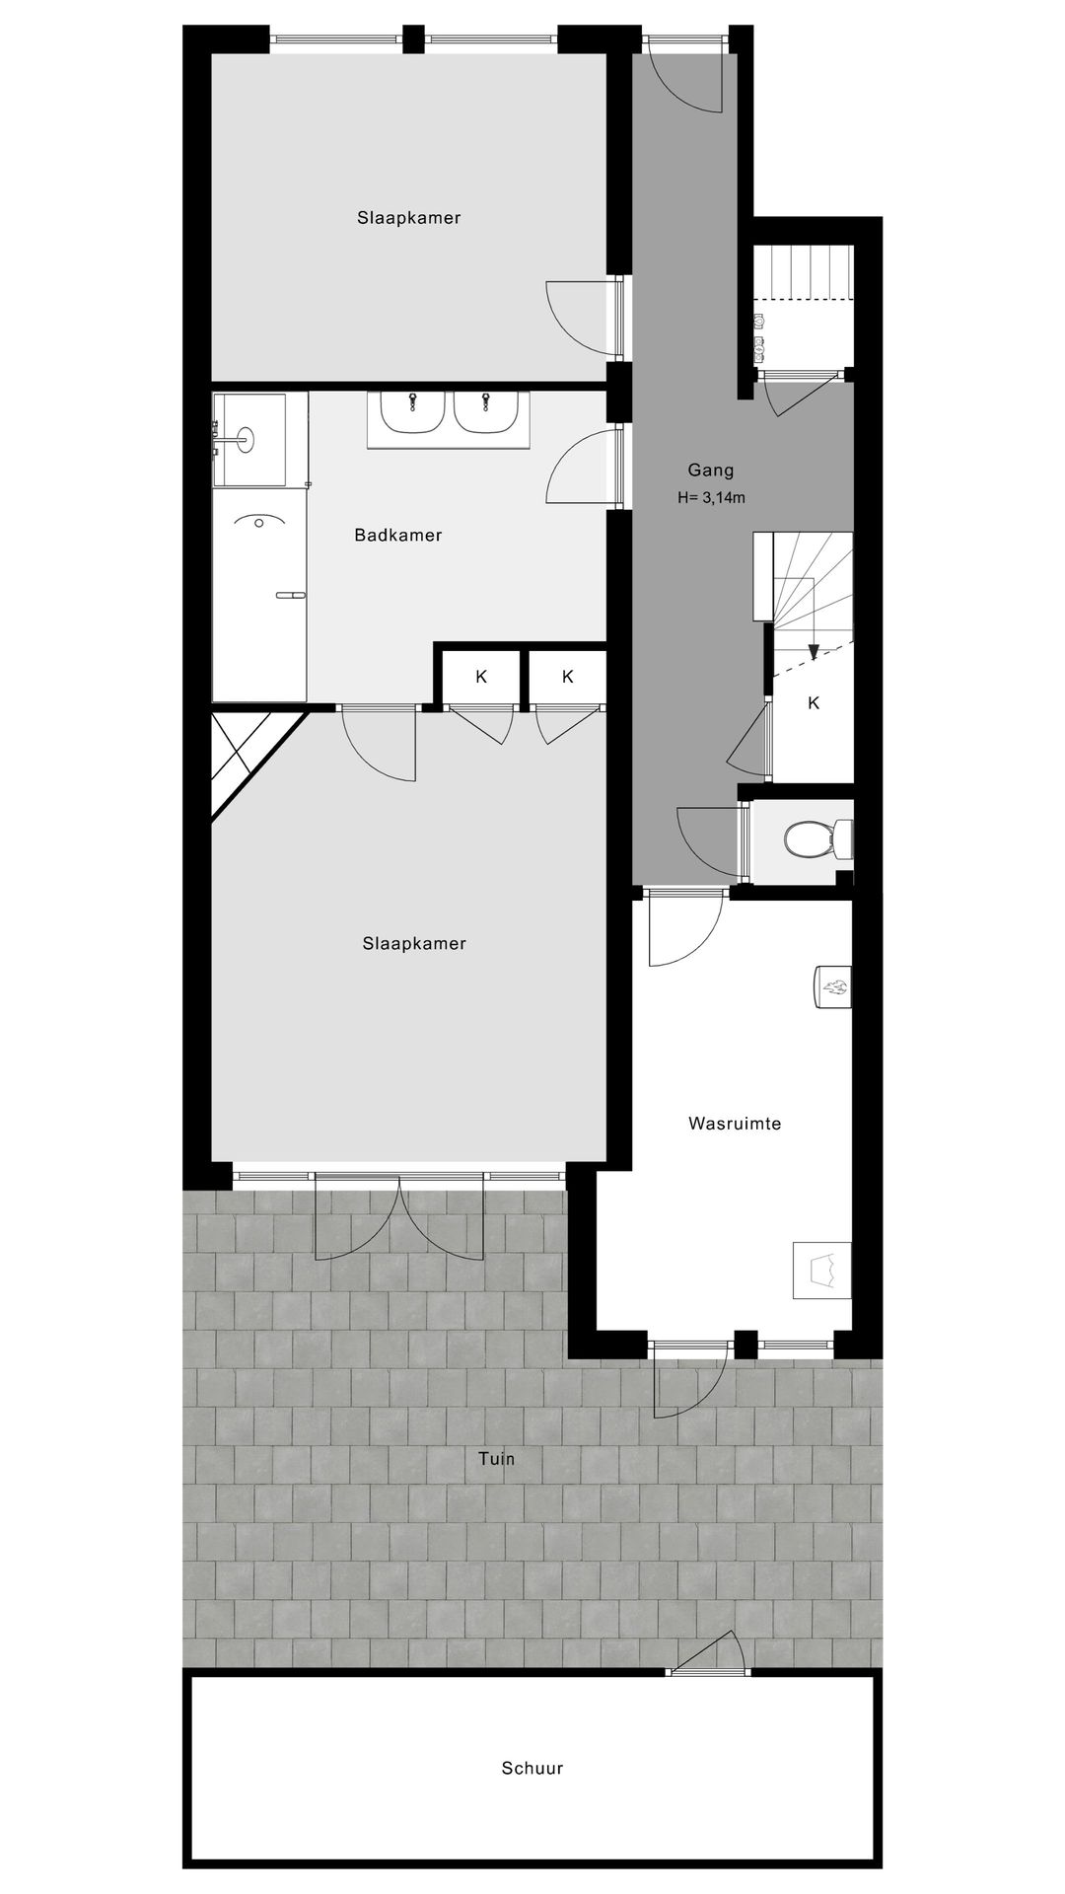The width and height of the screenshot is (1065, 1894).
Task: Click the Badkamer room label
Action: point(398,536)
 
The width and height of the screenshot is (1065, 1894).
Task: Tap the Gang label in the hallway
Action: point(711,471)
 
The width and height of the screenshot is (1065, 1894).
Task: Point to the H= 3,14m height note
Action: point(711,498)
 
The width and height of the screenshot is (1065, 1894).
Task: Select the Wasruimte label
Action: point(735,1124)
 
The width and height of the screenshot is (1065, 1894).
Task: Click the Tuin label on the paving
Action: point(497,1459)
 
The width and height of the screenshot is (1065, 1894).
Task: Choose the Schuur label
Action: point(532,1769)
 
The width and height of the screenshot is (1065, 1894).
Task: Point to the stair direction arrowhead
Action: point(814,651)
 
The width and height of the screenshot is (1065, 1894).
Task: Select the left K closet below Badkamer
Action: point(481,677)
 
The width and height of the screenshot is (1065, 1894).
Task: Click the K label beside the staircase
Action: point(814,703)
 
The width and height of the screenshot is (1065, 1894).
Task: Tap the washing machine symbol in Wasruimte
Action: point(822,1270)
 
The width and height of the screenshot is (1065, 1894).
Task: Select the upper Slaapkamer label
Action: point(409,218)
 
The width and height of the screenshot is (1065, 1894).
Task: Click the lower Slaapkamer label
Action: point(414,944)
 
